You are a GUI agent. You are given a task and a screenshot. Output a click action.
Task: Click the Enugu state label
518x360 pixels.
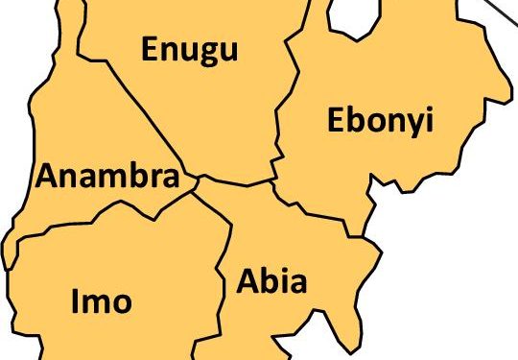(189, 50)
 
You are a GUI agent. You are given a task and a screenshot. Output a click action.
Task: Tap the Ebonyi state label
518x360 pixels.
(380, 121)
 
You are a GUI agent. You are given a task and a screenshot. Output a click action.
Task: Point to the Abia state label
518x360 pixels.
(271, 282)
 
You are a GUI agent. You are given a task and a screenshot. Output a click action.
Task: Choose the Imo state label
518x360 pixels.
(101, 301)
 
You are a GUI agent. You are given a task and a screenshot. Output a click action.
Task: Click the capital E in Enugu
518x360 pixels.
(152, 49)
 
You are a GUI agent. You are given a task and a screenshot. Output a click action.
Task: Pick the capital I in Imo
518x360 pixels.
(76, 301)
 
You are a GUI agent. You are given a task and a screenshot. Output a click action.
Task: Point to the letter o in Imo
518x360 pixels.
(121, 303)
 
